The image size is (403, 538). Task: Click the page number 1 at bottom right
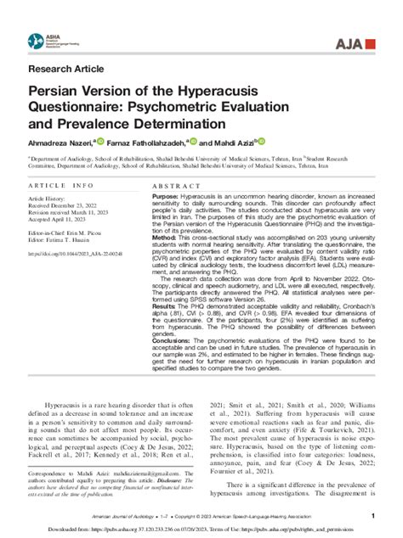tap(372, 516)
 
